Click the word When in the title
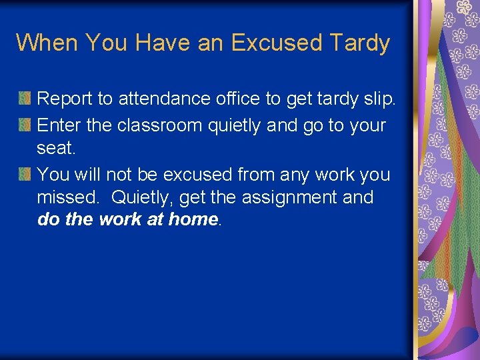pos(47,43)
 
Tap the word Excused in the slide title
pos(276,43)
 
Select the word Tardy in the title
pos(359,43)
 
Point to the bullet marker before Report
pos(24,99)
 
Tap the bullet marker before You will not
pos(24,175)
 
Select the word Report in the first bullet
pos(65,99)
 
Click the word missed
pos(70,197)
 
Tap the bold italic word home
pos(193,219)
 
